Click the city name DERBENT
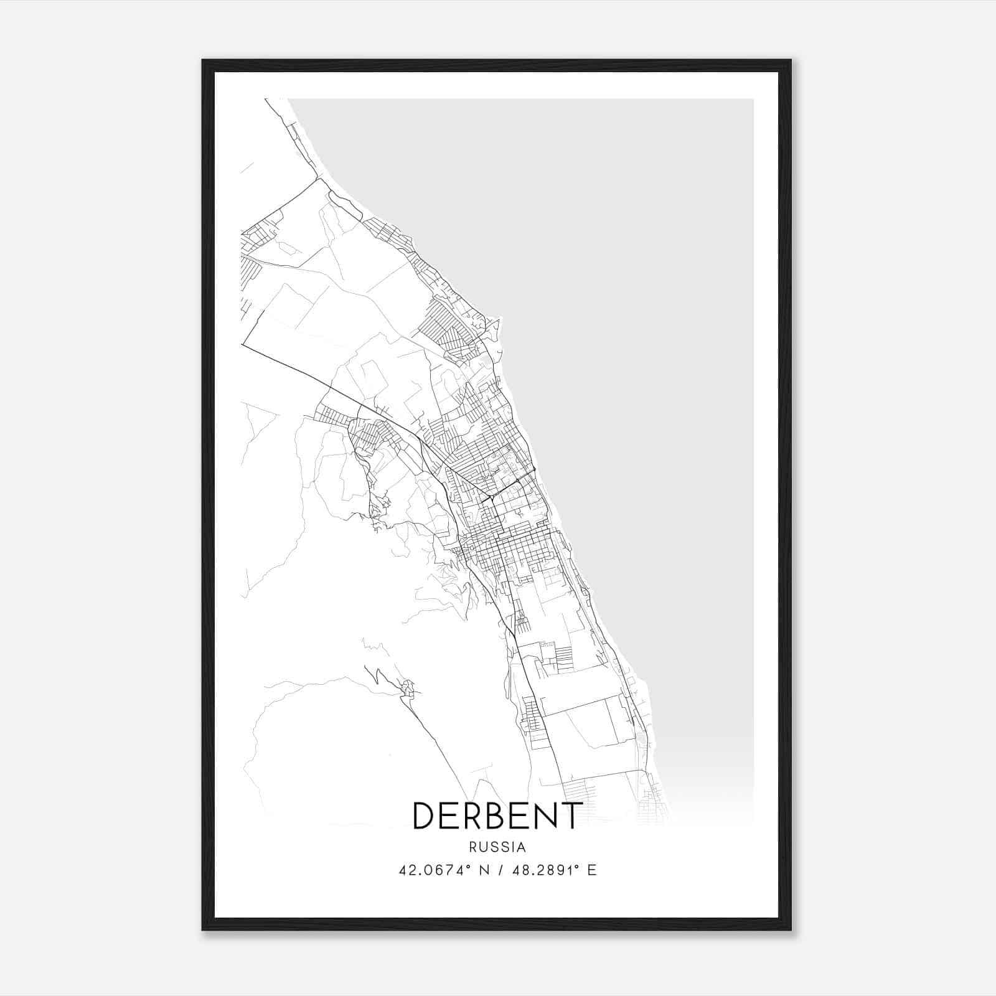click(497, 815)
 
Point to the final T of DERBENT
click(572, 815)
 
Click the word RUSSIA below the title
click(497, 847)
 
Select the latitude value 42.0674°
click(433, 870)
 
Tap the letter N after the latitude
click(481, 870)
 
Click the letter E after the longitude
click(592, 870)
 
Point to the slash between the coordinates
click(499, 870)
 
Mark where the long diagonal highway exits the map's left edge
click(243, 345)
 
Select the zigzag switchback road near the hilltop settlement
click(377, 676)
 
